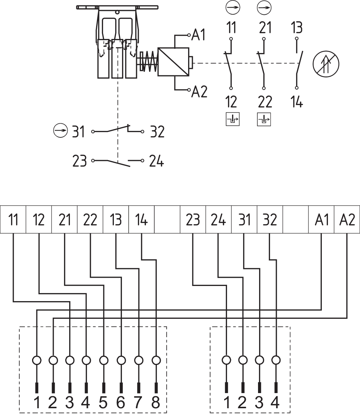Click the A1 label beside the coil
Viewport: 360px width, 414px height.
coord(199,35)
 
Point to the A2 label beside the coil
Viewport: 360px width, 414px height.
coord(199,92)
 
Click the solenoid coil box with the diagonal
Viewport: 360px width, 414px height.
coord(174,62)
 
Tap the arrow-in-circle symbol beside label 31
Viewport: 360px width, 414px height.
coord(60,130)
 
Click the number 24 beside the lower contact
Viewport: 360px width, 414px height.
coord(156,162)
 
